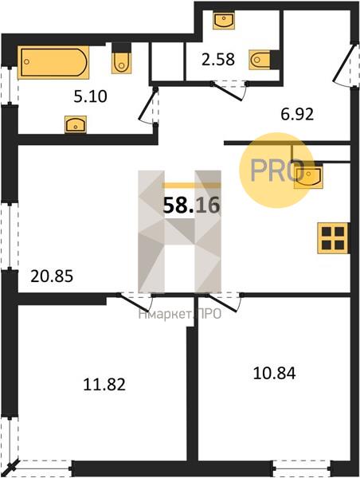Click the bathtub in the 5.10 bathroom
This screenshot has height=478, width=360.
click(x=53, y=62)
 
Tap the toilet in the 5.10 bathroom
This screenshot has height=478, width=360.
click(x=122, y=62)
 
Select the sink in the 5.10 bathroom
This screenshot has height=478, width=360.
click(x=76, y=124)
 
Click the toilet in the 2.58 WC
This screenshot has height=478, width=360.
click(x=260, y=60)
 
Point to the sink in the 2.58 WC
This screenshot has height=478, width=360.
click(x=224, y=21)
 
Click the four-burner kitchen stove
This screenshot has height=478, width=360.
click(x=333, y=238)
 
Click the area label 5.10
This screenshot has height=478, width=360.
click(x=90, y=96)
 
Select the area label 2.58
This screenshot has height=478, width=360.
click(x=218, y=60)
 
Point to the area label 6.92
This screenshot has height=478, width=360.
click(x=297, y=115)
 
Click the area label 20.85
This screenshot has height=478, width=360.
click(x=52, y=276)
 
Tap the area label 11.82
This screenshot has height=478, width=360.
click(x=104, y=385)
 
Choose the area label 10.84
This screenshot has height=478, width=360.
click(x=274, y=373)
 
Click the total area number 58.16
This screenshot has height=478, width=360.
click(x=191, y=206)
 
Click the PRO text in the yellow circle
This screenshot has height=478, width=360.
click(x=277, y=170)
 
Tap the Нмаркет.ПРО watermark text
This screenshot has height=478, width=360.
click(x=180, y=314)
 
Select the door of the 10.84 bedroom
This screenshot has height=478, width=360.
click(x=224, y=303)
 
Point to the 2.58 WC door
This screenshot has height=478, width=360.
click(x=229, y=91)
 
